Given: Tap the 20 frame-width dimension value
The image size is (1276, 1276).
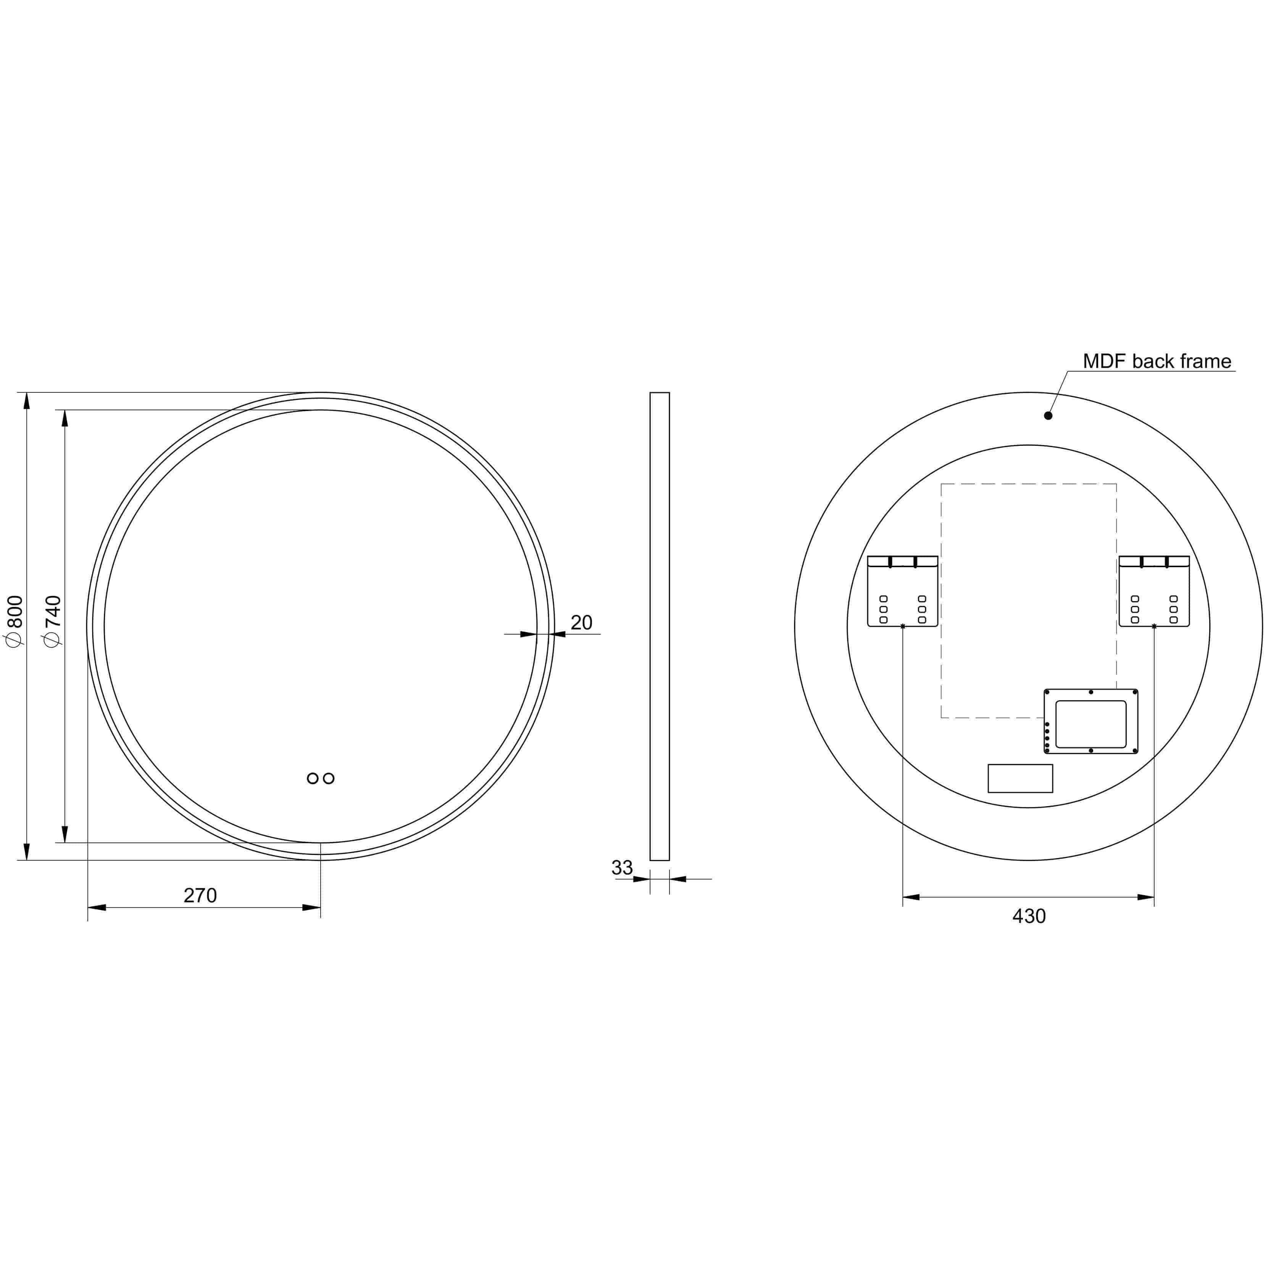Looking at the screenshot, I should pyautogui.click(x=581, y=622).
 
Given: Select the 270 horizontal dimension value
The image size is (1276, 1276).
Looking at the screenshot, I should pyautogui.click(x=200, y=895).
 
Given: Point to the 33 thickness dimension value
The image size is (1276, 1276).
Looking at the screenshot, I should pyautogui.click(x=621, y=867).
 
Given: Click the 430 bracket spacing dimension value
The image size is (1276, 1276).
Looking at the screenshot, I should pyautogui.click(x=1028, y=916).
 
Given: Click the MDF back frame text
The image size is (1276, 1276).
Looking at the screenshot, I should pyautogui.click(x=1157, y=361).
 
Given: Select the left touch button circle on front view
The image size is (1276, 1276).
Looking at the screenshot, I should pyautogui.click(x=312, y=778).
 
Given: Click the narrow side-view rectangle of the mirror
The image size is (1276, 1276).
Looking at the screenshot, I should pyautogui.click(x=659, y=626).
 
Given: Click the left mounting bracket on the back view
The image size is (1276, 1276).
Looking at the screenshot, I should pyautogui.click(x=902, y=591).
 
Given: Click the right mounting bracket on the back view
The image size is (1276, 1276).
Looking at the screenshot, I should pyautogui.click(x=1154, y=591).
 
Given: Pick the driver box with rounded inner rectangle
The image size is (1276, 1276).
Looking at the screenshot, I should pyautogui.click(x=1090, y=721).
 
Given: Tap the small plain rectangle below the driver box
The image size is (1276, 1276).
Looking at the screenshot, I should pyautogui.click(x=1020, y=778).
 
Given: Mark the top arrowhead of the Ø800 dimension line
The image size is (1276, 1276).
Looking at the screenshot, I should pyautogui.click(x=27, y=401).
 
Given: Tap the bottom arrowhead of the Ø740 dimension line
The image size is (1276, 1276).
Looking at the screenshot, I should pyautogui.click(x=65, y=834).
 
